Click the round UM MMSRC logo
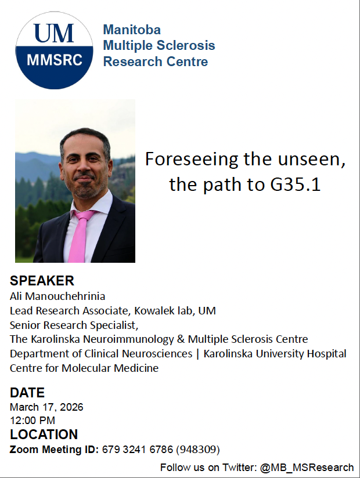(54, 50)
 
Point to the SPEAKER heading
(42, 281)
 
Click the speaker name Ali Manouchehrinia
(57, 296)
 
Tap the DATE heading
(27, 393)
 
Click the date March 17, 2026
(46, 407)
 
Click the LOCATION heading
(44, 434)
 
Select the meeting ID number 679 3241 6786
(138, 450)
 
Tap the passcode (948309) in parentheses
(198, 450)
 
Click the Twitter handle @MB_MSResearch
(307, 468)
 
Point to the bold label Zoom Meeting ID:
(54, 450)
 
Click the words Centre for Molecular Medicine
(84, 368)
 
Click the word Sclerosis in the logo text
(185, 46)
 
